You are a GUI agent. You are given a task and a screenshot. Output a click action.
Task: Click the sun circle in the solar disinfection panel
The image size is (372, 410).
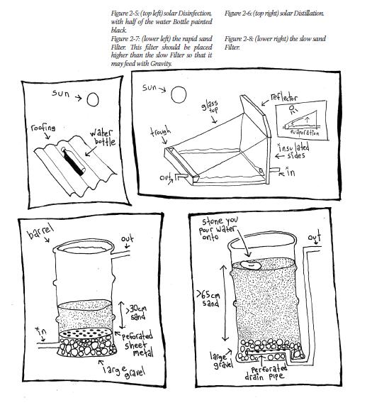(93, 99)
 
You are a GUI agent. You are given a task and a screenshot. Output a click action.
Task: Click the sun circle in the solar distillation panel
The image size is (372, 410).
(179, 94)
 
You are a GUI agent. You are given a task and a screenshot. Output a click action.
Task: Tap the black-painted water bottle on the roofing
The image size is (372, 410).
(74, 162)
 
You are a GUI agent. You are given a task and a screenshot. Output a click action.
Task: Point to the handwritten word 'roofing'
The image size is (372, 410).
(43, 128)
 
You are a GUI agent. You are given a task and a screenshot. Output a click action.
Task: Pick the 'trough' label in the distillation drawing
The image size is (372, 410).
(160, 131)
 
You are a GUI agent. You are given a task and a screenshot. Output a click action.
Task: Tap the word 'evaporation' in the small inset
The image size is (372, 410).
(305, 133)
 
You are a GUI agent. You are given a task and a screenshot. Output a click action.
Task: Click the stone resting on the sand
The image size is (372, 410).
(251, 265)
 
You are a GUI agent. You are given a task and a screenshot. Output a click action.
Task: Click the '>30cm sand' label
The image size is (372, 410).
(137, 312)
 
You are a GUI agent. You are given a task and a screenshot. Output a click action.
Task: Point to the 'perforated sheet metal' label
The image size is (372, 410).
(137, 345)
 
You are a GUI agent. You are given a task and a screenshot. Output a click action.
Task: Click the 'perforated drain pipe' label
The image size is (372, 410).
(266, 373)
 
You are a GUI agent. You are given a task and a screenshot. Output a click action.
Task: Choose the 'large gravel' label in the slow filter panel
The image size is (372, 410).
(222, 360)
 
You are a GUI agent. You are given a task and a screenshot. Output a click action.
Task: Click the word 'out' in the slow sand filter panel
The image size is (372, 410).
(314, 236)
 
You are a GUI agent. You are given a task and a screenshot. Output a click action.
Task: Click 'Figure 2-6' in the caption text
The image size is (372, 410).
(237, 13)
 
